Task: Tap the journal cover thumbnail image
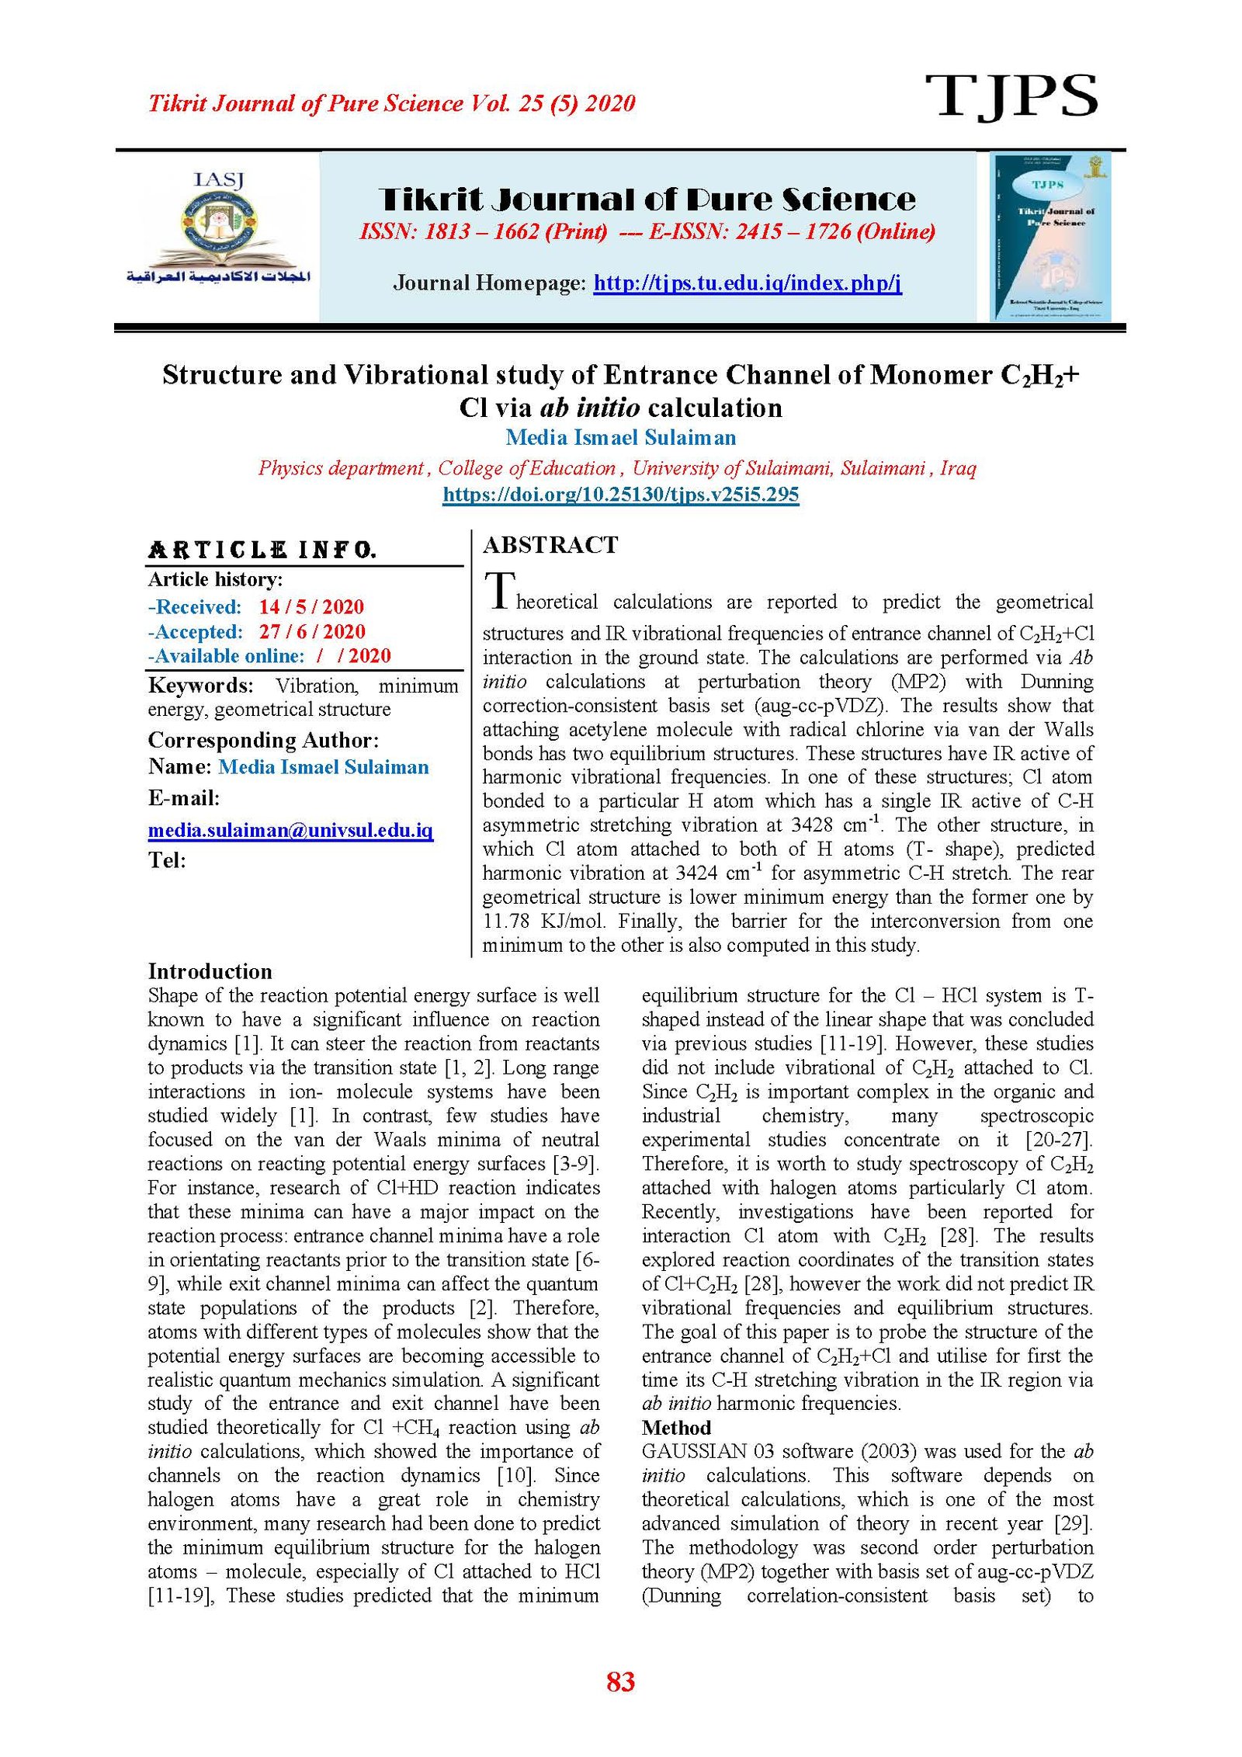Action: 1049,236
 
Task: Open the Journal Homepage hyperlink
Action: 747,283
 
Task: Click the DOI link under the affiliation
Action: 620,495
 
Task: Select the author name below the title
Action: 620,438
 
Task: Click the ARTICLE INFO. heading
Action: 262,550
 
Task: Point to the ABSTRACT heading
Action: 550,545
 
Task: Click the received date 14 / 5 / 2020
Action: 310,607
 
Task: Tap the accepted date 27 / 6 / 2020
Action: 311,632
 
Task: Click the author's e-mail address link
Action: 290,831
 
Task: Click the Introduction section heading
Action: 210,971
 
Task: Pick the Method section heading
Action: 675,1428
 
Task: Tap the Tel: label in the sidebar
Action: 167,860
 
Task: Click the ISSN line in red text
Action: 647,231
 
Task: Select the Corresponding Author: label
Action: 263,740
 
